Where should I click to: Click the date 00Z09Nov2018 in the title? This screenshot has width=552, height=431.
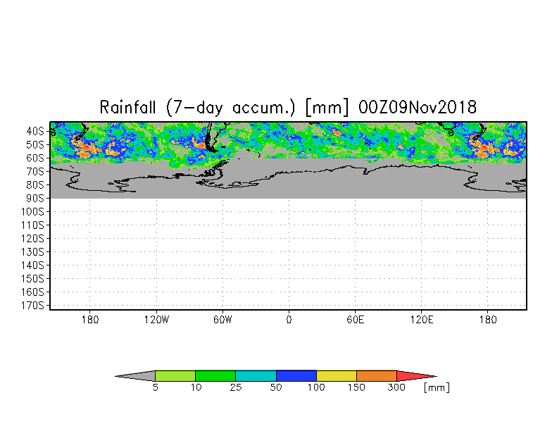click(x=418, y=108)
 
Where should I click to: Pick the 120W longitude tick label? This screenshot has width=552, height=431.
click(x=156, y=319)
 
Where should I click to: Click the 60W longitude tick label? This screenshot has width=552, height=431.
click(x=222, y=319)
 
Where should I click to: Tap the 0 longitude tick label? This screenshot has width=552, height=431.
click(x=289, y=319)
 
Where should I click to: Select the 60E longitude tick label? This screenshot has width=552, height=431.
click(x=355, y=319)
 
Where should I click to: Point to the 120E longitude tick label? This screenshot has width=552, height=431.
click(x=421, y=319)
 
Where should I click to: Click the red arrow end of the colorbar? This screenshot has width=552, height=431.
click(x=415, y=376)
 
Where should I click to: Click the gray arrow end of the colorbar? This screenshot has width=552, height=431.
click(x=136, y=376)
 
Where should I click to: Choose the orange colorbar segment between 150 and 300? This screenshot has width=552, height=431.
click(x=377, y=376)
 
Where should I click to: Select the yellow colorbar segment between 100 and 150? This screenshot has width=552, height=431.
click(x=337, y=376)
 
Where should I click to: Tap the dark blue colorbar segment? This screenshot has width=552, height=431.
click(x=296, y=376)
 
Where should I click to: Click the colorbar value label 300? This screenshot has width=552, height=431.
click(x=397, y=388)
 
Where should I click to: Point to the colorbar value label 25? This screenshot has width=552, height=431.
click(x=236, y=388)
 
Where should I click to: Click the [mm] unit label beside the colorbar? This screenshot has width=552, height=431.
click(x=437, y=388)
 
